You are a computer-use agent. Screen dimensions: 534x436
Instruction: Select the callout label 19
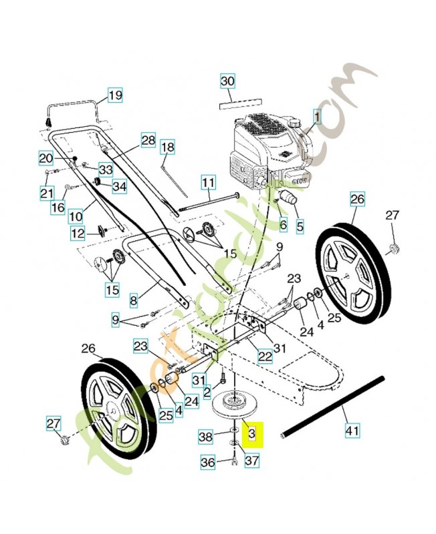point(115,95)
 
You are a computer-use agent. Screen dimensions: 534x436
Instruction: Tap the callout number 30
point(228,81)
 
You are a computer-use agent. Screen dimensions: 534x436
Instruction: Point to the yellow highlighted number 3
point(252,434)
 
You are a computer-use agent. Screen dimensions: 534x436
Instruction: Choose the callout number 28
point(148,141)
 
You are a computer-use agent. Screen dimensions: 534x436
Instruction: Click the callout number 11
point(209,182)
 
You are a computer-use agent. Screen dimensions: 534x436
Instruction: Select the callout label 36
point(208,461)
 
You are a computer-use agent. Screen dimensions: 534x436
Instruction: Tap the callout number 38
point(207,437)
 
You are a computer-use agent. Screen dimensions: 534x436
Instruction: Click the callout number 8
point(133,301)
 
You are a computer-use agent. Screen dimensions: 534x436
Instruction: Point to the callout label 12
point(78,233)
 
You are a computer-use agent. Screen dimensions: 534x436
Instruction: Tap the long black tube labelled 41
point(334,407)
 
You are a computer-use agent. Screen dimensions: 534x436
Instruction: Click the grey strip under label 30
point(237,103)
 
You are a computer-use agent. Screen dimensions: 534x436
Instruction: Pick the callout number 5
point(299,226)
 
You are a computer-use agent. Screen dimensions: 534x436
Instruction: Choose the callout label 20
point(45,158)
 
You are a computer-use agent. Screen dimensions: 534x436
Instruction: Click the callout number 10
point(75,216)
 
